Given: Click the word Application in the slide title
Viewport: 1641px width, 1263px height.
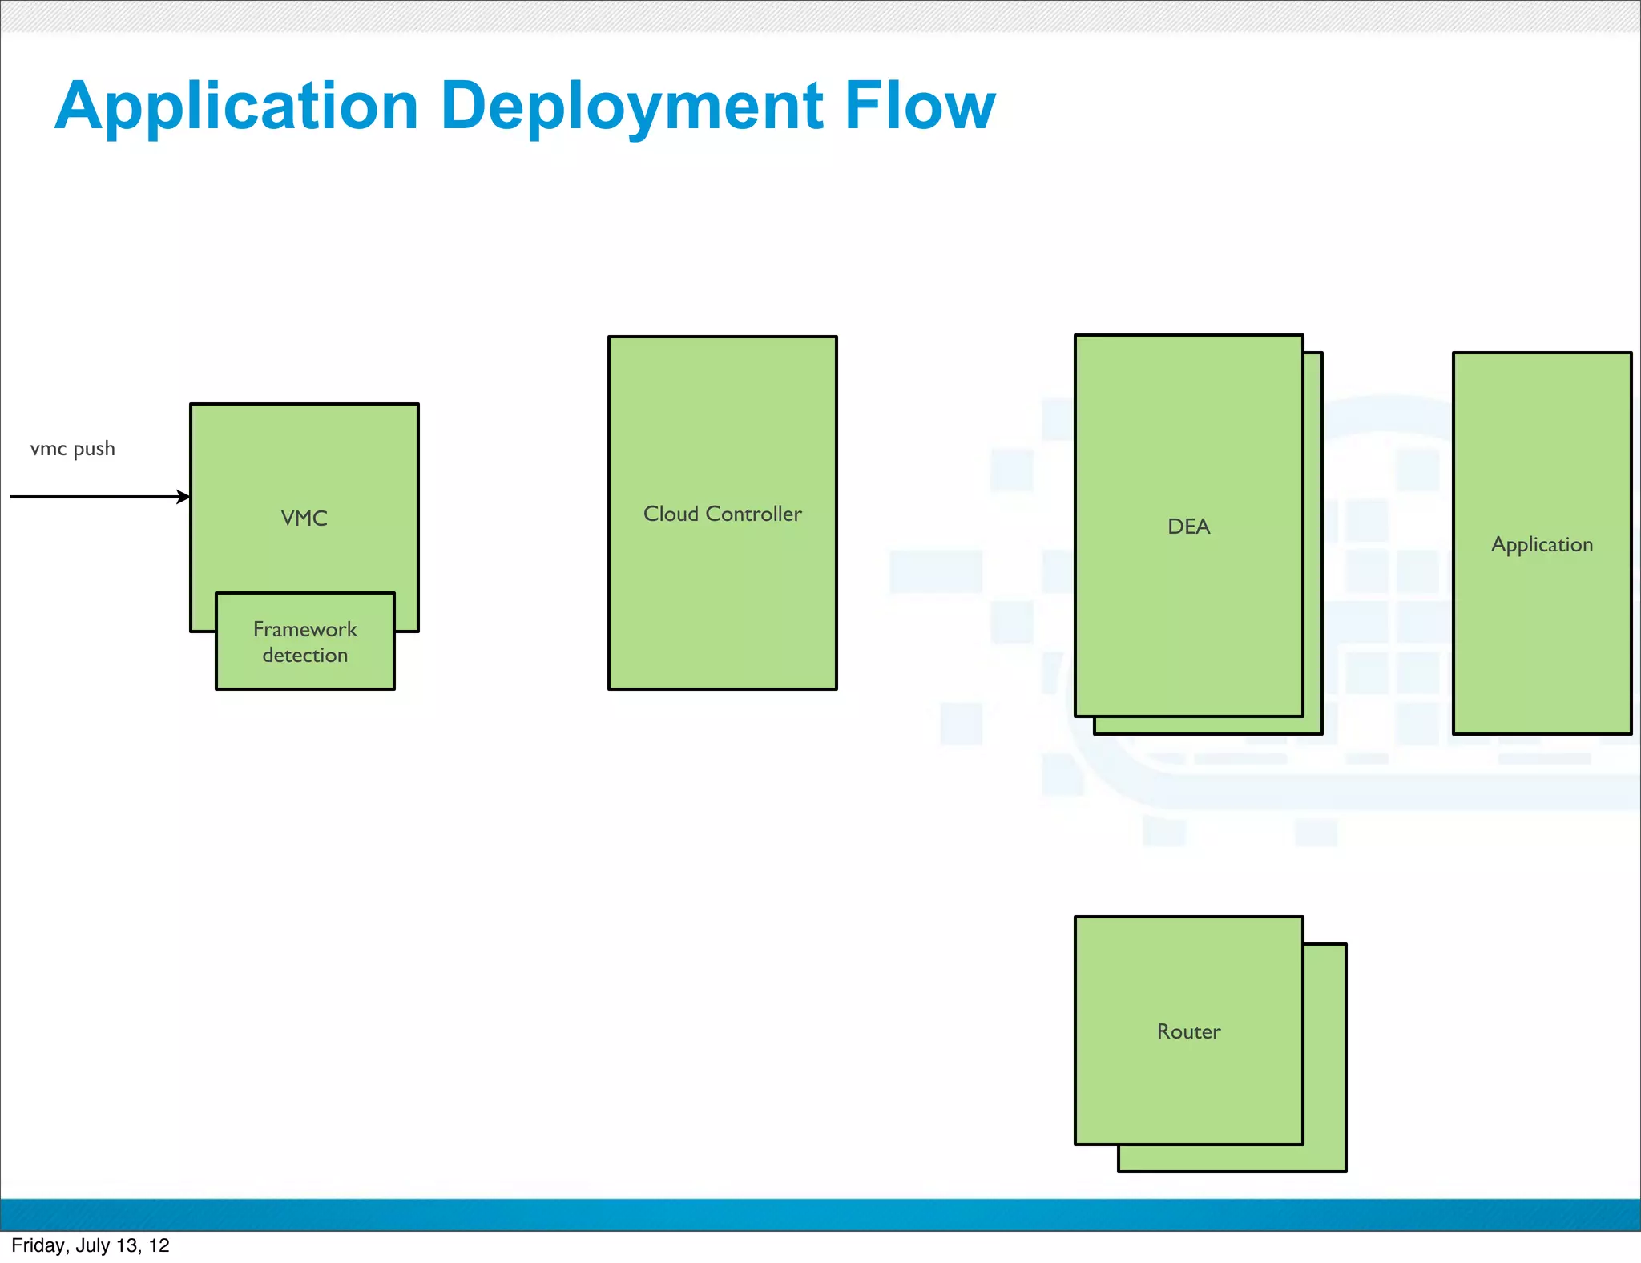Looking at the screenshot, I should click(x=237, y=107).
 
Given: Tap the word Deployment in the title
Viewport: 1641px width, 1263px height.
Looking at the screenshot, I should click(x=632, y=107).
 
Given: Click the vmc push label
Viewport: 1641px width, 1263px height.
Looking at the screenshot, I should click(x=73, y=449).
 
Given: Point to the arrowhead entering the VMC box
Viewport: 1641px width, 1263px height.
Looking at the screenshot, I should click(x=184, y=497).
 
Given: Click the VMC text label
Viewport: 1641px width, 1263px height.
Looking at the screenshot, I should click(x=304, y=519).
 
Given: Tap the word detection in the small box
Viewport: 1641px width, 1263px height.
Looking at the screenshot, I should click(x=305, y=656).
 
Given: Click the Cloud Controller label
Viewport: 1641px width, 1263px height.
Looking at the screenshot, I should click(x=723, y=514).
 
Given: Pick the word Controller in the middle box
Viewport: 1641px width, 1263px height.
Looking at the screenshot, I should click(x=753, y=514).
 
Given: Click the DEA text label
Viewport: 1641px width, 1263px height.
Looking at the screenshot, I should click(x=1188, y=527).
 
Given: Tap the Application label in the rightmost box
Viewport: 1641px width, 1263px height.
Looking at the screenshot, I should click(x=1542, y=545).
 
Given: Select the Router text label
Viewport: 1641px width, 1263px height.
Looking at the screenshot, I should click(x=1188, y=1031).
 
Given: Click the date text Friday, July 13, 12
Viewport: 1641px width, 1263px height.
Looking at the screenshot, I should click(x=91, y=1245).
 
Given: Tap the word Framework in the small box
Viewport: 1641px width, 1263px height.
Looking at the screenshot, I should click(x=305, y=630).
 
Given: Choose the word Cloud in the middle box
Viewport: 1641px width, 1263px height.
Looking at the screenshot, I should click(x=671, y=514).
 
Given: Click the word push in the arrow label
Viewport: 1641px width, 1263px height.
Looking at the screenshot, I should click(x=95, y=449).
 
